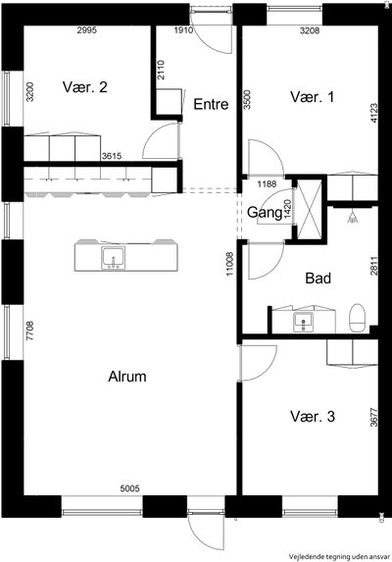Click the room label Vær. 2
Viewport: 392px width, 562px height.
[85, 87]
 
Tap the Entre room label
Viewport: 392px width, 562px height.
[211, 104]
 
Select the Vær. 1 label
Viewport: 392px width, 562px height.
[313, 97]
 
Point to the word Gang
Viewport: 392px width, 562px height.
[265, 213]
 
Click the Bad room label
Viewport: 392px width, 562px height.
[318, 279]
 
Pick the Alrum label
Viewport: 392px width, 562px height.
[127, 377]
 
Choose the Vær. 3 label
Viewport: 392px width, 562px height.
[313, 417]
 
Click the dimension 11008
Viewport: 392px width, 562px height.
[229, 264]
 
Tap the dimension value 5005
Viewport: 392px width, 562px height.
[129, 488]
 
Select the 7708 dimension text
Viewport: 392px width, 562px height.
[30, 331]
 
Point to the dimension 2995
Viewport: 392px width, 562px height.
[87, 30]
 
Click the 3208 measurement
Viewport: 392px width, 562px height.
[310, 30]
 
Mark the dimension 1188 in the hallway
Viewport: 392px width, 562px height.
[268, 184]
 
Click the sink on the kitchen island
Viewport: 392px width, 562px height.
[114, 258]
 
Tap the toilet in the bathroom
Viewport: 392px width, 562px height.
[357, 318]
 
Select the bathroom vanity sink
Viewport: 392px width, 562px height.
[303, 322]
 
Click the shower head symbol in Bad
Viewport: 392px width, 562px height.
[353, 217]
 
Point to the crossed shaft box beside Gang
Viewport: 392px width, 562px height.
[310, 210]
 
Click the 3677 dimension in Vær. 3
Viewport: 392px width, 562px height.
[373, 418]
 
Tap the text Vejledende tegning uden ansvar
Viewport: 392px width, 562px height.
[339, 557]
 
